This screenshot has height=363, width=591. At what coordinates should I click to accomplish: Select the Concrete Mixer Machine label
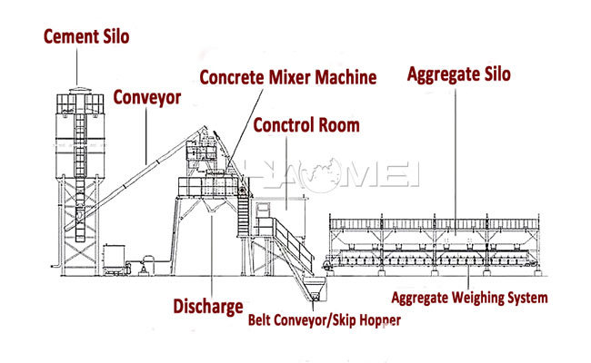click(287, 78)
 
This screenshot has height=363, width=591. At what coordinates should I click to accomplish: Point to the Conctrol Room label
click(306, 125)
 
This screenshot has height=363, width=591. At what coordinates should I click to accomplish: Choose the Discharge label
click(208, 307)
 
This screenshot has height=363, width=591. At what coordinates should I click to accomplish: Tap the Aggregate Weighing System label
click(469, 297)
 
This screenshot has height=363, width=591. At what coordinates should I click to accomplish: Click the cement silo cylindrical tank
click(80, 136)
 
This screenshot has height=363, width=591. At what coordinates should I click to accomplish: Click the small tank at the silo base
click(115, 258)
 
